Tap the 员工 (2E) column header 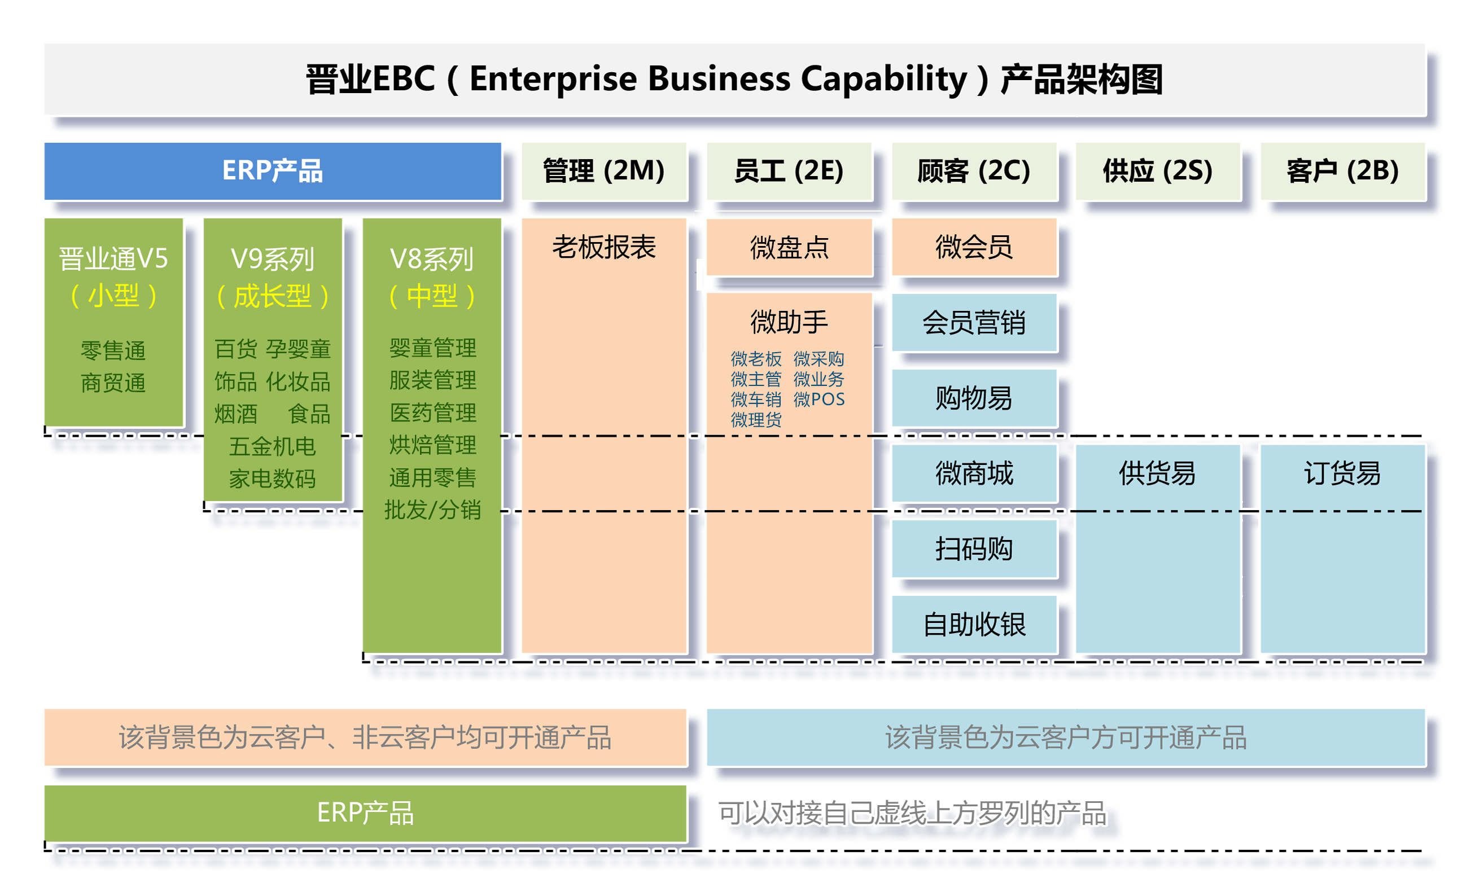(x=788, y=171)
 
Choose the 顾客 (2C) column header (x=973, y=171)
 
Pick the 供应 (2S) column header (x=1157, y=171)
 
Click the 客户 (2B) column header (x=1342, y=171)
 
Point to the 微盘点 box (x=788, y=247)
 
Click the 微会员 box (x=973, y=247)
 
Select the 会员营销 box (x=973, y=323)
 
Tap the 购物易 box (x=973, y=398)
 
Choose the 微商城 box (x=973, y=473)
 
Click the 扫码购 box (x=973, y=548)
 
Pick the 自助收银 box (x=973, y=624)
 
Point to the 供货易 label (x=1157, y=473)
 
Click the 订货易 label (x=1342, y=473)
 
